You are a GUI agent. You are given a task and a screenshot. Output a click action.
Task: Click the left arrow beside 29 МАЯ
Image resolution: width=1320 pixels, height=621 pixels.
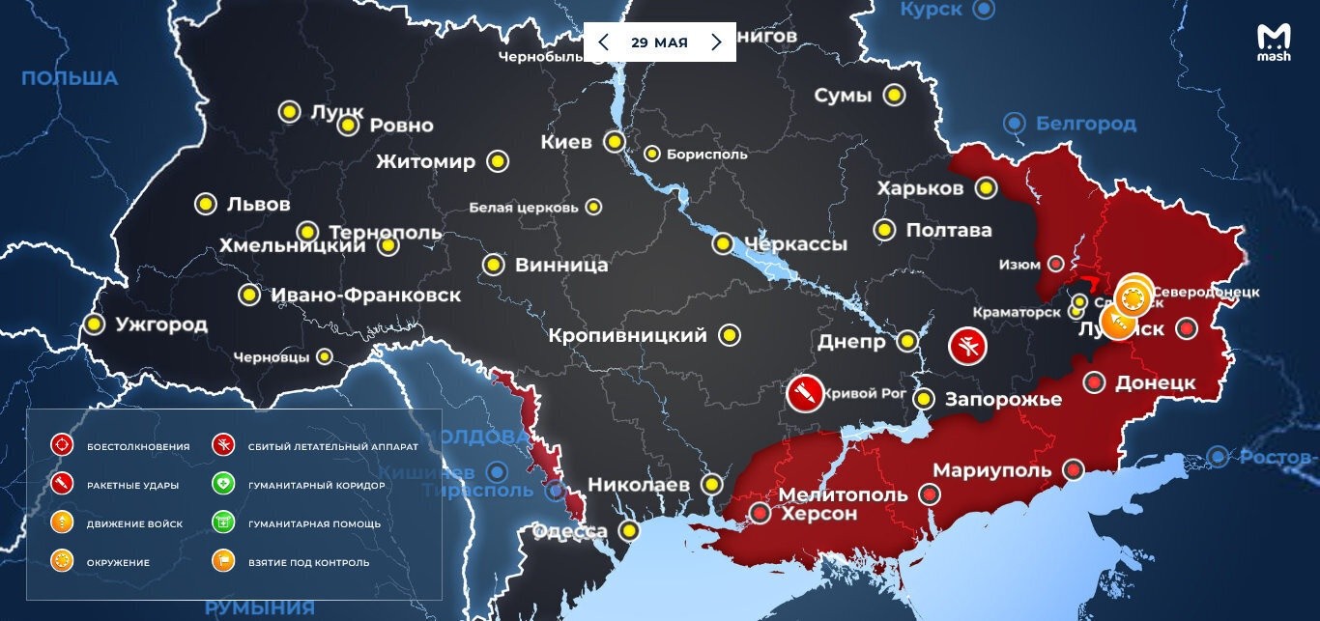click(603, 42)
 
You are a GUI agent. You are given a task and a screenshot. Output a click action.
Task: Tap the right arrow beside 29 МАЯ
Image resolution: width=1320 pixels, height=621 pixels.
click(716, 42)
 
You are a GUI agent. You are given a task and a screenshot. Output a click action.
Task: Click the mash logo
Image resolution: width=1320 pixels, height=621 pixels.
click(1274, 42)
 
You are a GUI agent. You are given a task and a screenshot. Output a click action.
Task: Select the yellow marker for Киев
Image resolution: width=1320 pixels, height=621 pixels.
click(614, 143)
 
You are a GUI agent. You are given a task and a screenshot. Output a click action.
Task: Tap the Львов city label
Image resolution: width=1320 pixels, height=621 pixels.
click(258, 205)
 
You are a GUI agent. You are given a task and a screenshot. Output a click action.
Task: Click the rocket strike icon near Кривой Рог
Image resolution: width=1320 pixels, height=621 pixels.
click(803, 393)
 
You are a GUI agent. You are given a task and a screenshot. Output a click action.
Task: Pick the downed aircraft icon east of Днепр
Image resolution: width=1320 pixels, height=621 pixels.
click(967, 346)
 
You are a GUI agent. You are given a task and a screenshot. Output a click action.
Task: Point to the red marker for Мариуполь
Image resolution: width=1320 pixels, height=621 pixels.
click(1073, 469)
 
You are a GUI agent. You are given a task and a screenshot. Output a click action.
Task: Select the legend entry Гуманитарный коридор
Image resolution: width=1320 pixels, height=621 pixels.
click(316, 485)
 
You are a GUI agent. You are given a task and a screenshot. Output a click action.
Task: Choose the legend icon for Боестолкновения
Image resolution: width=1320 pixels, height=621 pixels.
click(62, 446)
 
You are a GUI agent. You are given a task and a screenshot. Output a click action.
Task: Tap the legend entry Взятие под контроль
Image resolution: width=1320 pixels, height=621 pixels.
click(308, 562)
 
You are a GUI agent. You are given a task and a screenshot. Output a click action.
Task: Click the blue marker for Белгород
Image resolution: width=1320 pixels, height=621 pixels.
click(1014, 124)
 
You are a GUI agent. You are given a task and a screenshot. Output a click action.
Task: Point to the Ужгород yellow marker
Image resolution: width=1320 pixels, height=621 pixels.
click(94, 325)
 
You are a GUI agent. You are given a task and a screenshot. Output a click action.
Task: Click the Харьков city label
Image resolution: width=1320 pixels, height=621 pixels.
click(920, 188)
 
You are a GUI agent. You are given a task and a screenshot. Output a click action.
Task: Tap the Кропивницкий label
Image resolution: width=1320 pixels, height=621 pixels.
click(627, 336)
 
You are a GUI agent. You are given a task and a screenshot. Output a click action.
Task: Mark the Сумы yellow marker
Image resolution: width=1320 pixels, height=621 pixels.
click(895, 96)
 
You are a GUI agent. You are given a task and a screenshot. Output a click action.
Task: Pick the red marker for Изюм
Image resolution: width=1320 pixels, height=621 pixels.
click(1056, 264)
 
